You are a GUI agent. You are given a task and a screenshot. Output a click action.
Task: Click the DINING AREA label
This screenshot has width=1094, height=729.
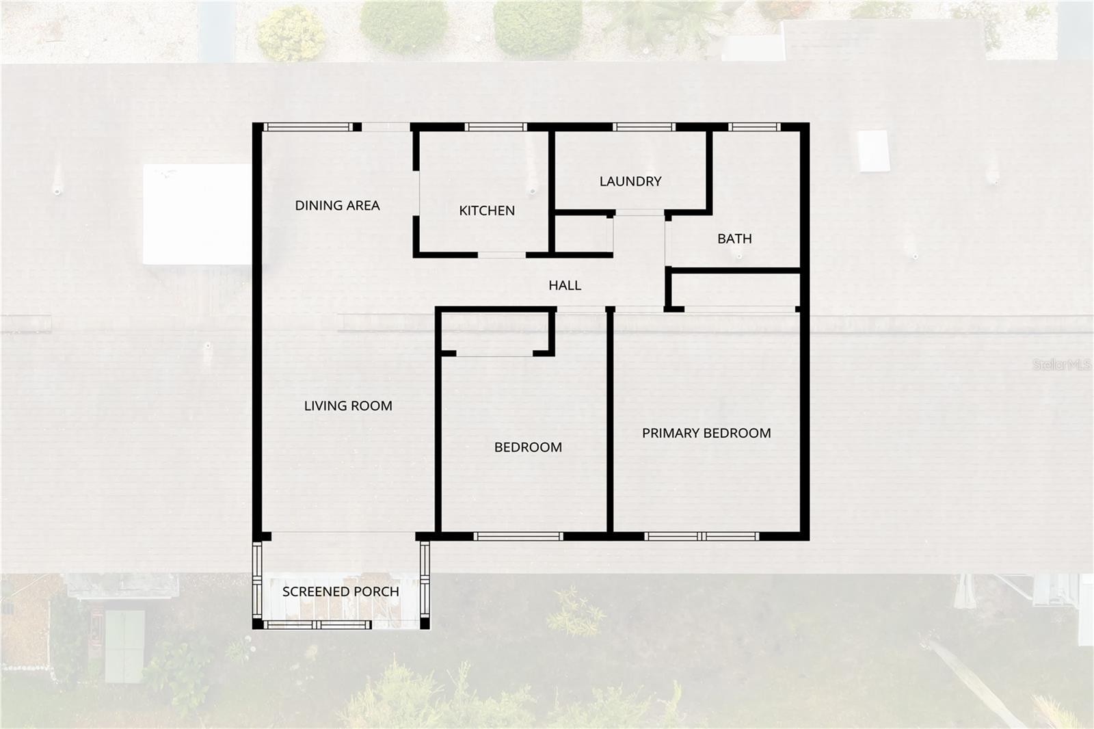tap(338, 205)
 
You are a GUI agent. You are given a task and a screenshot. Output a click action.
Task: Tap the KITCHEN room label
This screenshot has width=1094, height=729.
tap(487, 211)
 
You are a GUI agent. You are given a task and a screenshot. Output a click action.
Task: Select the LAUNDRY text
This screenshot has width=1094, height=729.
tap(630, 181)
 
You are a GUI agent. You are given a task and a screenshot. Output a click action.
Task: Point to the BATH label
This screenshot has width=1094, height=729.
tap(734, 239)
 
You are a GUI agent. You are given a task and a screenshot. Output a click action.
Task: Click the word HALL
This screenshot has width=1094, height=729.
tap(565, 285)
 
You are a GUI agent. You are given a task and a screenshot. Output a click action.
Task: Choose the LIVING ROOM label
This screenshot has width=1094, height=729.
tap(348, 406)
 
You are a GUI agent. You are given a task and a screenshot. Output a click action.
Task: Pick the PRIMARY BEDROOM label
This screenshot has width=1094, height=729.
tap(706, 433)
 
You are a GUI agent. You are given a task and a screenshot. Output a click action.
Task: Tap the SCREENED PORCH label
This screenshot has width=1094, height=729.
tap(341, 592)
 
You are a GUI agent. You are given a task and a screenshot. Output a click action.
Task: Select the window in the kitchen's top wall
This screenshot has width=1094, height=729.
tap(496, 127)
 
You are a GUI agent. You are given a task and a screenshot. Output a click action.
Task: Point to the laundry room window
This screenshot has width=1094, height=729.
tap(644, 127)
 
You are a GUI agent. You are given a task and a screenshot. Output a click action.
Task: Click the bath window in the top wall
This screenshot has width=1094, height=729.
tap(755, 127)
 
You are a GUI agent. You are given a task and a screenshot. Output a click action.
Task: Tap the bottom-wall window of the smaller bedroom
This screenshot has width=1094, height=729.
tap(518, 536)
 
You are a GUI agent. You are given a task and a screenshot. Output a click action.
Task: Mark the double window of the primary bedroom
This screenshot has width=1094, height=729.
tap(702, 536)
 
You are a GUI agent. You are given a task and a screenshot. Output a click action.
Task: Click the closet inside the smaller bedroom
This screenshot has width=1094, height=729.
tap(495, 332)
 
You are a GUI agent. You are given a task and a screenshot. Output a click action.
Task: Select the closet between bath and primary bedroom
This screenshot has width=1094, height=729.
tap(736, 290)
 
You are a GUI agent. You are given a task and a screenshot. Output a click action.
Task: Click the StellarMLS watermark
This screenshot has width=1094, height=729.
tap(1062, 364)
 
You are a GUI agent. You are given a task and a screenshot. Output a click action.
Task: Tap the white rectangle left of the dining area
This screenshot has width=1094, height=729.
tap(197, 214)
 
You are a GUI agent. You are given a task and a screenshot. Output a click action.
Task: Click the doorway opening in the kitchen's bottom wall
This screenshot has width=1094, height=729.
tap(502, 255)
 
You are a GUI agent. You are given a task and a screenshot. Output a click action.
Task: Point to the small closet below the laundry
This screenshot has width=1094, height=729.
tap(583, 234)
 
